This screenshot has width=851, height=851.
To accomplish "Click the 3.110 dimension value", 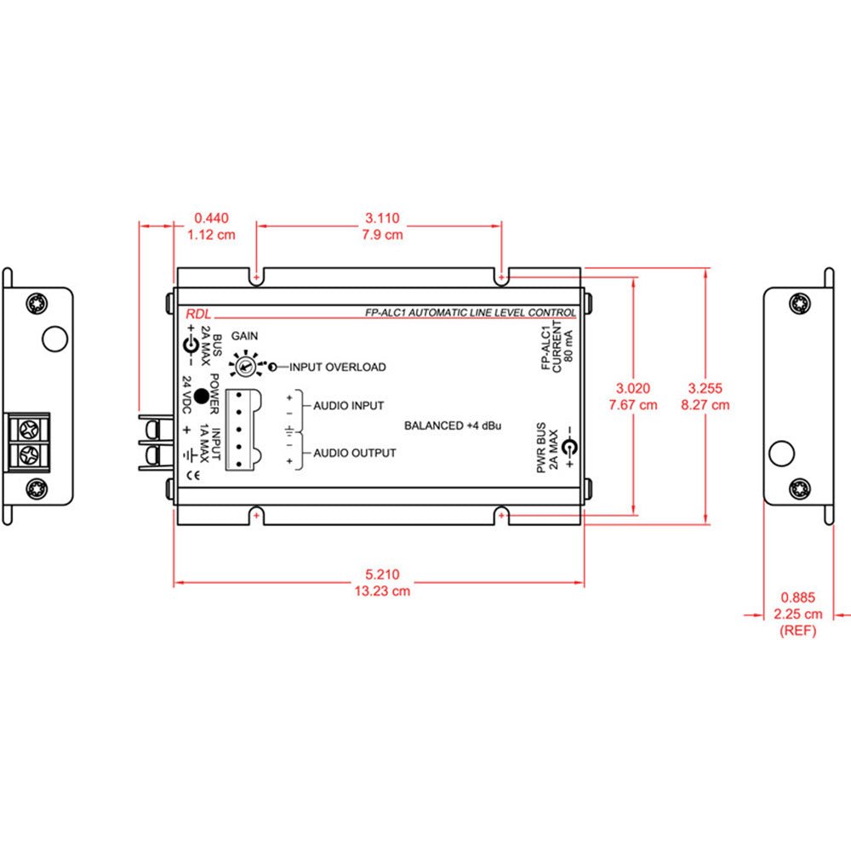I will click(380, 218).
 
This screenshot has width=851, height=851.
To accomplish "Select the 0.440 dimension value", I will click(211, 218).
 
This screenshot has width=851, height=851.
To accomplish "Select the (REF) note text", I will click(797, 631).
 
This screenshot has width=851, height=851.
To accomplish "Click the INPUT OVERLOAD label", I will click(337, 368).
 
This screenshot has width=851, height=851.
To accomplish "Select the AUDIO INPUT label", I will click(348, 406).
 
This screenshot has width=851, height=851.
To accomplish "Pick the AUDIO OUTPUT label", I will click(354, 453).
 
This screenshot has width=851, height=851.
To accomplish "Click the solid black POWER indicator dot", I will click(202, 395).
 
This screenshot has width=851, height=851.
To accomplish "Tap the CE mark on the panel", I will click(193, 477).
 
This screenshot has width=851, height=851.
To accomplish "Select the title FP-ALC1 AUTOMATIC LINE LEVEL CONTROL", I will click(465, 313).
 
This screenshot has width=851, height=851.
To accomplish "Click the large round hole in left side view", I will click(54, 338).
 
